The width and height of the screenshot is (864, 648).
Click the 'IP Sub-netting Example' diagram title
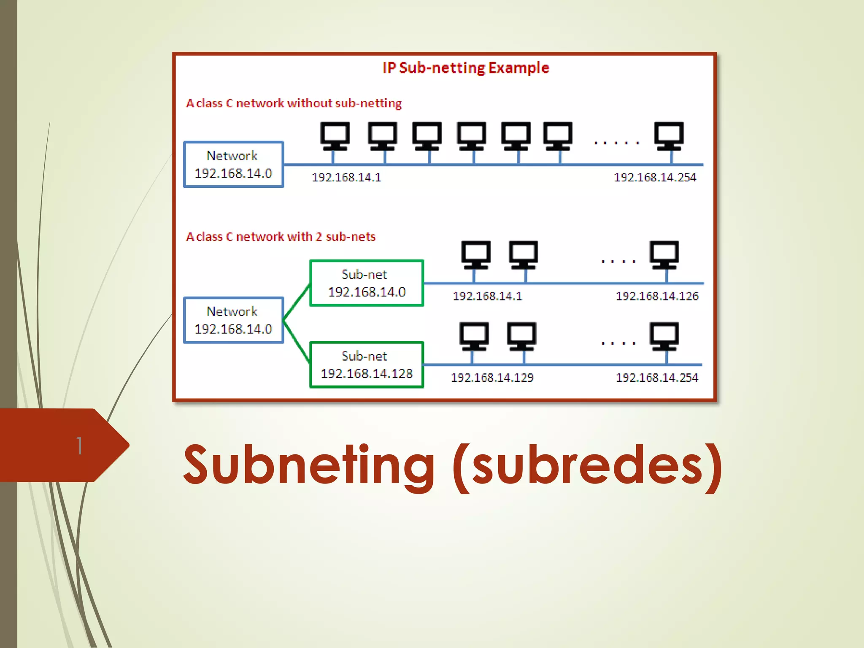[x=466, y=68]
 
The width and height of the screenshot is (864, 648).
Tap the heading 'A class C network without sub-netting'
[x=294, y=103]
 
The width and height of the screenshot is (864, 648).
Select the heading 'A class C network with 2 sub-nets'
[x=281, y=237]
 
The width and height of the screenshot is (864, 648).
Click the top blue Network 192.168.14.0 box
[x=234, y=165]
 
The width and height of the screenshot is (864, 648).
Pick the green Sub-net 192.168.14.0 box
[x=366, y=283]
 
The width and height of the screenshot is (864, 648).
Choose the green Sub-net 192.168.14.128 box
[x=366, y=365]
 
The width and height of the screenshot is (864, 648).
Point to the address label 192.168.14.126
[x=657, y=296]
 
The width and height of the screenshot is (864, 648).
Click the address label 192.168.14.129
[x=492, y=378]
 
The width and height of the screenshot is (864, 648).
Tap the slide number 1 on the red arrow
[x=79, y=445]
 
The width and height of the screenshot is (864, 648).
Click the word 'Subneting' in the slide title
[x=308, y=465]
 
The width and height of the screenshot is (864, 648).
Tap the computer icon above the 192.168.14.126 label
[x=664, y=254]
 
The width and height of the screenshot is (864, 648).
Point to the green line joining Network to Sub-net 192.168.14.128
[x=297, y=342]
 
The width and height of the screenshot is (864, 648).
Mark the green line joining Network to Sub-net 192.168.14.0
[x=297, y=302]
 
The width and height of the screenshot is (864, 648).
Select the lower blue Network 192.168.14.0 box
[x=234, y=320]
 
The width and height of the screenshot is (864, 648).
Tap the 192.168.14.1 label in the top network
[x=346, y=178]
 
